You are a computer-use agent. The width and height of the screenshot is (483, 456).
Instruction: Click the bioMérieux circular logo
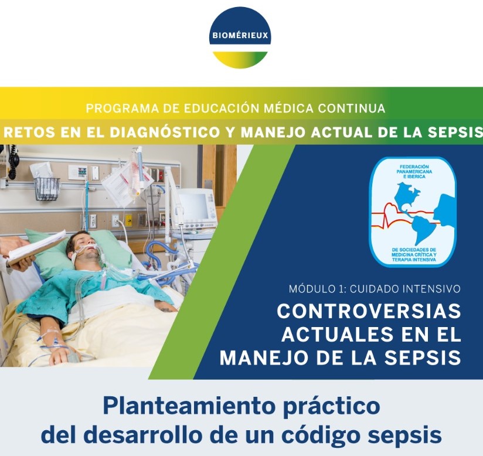[x=240, y=37]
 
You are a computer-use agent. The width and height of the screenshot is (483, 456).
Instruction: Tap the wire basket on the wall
[x=47, y=189]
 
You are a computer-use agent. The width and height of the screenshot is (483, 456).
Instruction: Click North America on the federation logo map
[x=407, y=196]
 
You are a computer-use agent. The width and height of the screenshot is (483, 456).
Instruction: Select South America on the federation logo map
[x=424, y=229]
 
